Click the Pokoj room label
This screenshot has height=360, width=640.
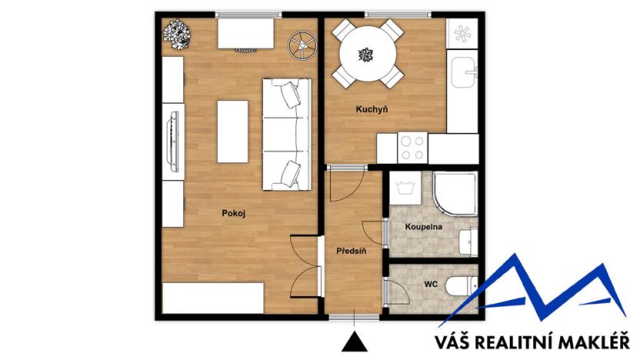point(233,213)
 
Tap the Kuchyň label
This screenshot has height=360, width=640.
point(371,110)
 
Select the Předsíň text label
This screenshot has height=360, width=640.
point(351,251)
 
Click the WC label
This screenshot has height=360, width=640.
point(431,285)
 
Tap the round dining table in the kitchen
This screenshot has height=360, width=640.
point(365,55)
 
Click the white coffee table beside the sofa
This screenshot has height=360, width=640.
point(232,132)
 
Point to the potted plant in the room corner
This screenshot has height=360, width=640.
point(177,33)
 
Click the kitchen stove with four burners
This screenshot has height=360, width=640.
point(412,147)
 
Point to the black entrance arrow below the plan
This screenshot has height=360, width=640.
point(353,339)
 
